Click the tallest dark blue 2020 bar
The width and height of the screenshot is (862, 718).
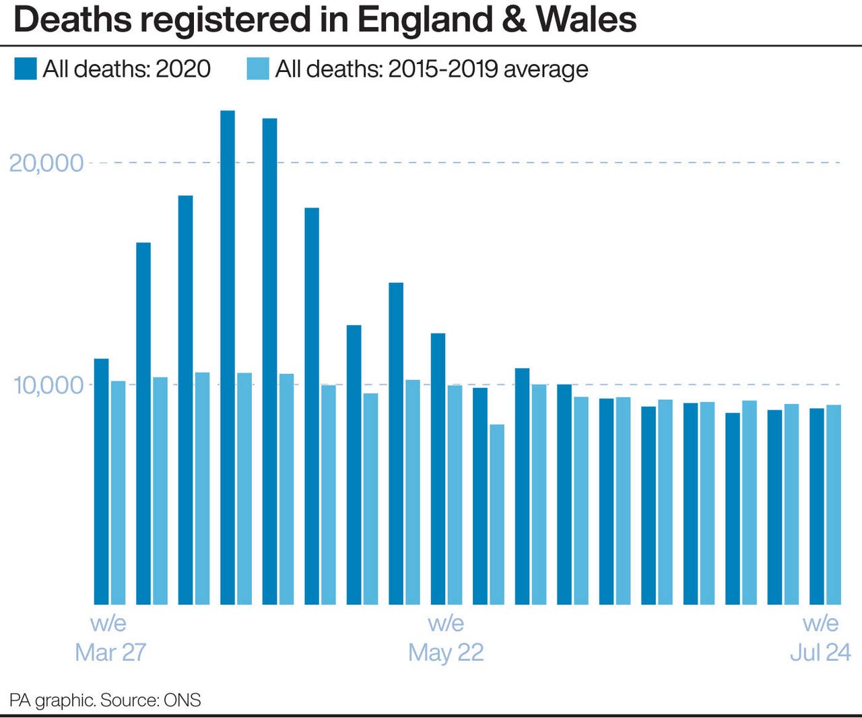click(x=228, y=357)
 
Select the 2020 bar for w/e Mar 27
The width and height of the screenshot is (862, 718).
click(x=101, y=482)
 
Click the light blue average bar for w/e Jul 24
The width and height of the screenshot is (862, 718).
click(x=833, y=504)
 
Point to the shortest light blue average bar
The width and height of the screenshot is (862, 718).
click(x=496, y=515)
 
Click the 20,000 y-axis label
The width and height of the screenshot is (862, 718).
click(x=46, y=163)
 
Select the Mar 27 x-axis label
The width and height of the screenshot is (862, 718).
click(x=110, y=652)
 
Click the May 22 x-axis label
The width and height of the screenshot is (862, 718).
click(x=446, y=652)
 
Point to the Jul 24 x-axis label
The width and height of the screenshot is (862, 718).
click(x=820, y=652)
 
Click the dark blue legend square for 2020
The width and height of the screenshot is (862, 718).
click(x=26, y=69)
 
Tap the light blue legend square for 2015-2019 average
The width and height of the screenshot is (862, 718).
click(x=258, y=69)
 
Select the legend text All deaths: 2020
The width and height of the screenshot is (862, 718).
click(x=127, y=69)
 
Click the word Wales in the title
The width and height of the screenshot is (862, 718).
click(x=586, y=20)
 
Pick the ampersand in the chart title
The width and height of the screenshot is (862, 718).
click(x=515, y=20)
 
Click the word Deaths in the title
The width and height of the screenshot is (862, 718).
click(x=72, y=20)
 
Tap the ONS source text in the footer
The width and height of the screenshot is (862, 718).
click(x=182, y=700)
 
